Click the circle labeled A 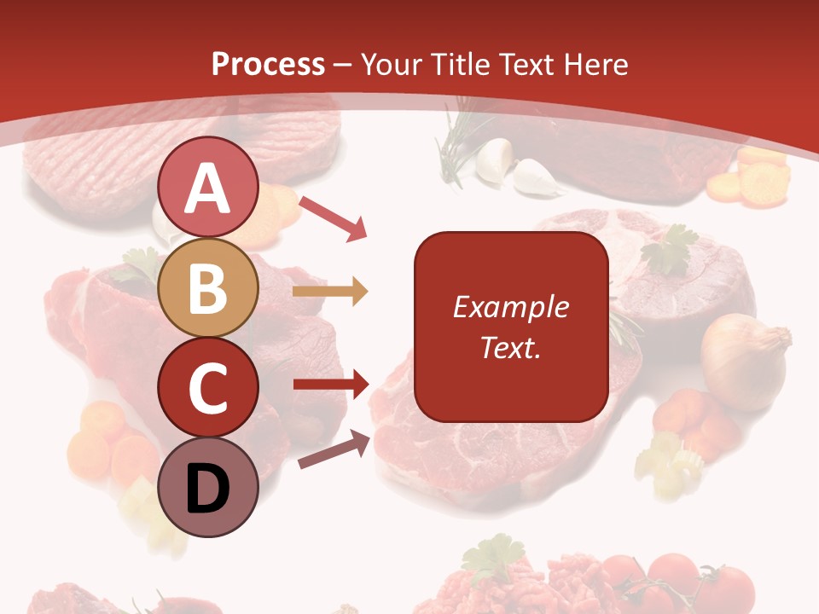click(208, 188)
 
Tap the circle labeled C click(208, 387)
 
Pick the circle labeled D click(208, 487)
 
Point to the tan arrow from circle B click(330, 292)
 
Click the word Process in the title click(268, 65)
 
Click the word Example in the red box click(510, 307)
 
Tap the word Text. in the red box click(510, 348)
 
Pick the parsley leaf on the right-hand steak click(670, 248)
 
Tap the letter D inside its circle click(208, 489)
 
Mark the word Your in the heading click(391, 65)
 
